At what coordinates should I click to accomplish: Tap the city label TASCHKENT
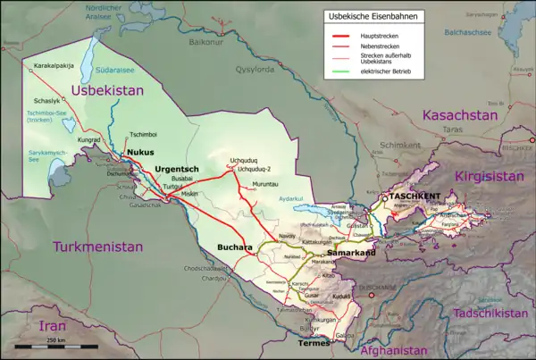tap(412, 195)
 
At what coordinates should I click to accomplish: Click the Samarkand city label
tap(352, 255)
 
